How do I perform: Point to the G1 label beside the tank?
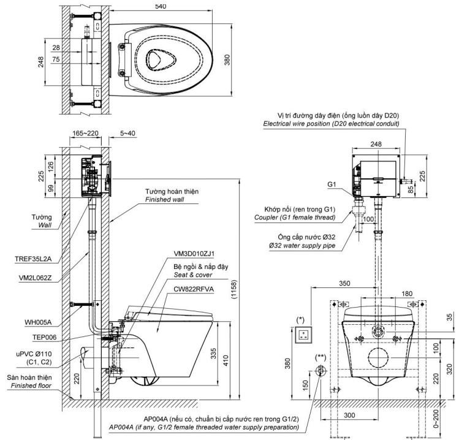(x=332, y=183)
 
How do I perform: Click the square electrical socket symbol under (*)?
(x=302, y=335)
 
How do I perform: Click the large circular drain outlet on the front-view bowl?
(x=378, y=360)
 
